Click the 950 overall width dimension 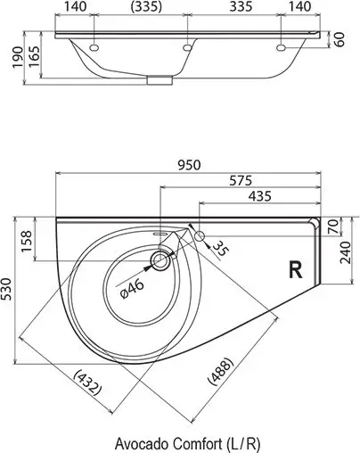[188, 164]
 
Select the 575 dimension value [240, 180]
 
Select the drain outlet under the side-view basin [160, 81]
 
